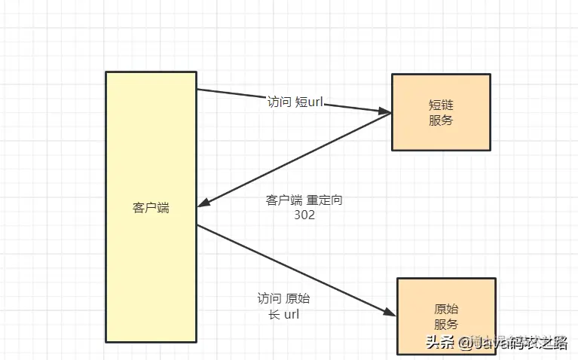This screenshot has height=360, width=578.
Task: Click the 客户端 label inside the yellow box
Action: (151, 208)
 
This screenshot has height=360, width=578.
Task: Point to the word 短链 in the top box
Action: (441, 105)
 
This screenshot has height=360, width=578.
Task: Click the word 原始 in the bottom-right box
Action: (446, 310)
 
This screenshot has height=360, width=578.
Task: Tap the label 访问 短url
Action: (295, 102)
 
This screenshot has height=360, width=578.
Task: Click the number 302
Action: (304, 215)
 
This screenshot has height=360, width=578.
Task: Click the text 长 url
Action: (284, 314)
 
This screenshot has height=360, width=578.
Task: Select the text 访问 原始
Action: (283, 298)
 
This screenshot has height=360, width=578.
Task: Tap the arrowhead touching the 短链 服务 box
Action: (384, 112)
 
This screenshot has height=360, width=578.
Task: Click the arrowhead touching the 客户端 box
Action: (205, 203)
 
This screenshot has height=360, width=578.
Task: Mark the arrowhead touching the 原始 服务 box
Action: (389, 313)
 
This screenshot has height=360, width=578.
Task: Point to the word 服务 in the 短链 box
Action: (441, 121)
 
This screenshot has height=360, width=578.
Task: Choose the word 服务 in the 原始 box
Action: (446, 325)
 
